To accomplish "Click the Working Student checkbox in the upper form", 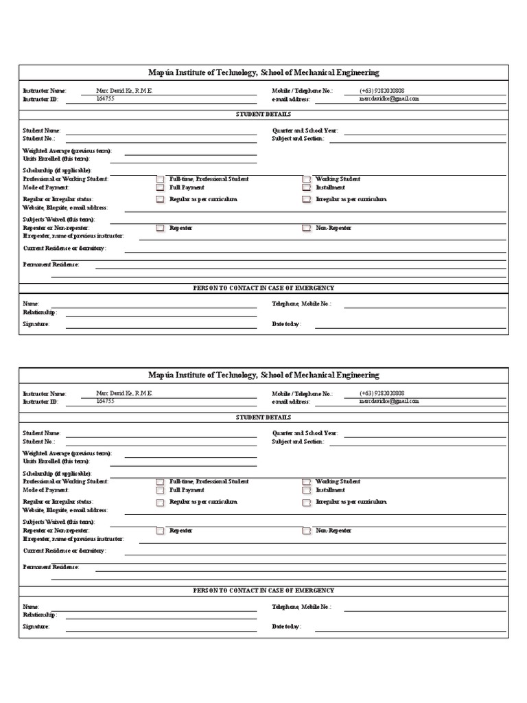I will click(x=307, y=179).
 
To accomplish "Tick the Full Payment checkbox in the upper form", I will click(x=159, y=187).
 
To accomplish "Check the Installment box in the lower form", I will click(x=307, y=491).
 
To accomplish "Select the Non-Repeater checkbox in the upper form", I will click(x=307, y=228).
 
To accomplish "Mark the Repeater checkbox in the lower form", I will click(x=159, y=531).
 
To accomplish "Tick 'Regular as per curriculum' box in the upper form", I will click(x=159, y=200).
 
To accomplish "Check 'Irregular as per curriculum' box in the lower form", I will click(x=307, y=503).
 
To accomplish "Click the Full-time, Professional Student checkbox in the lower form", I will click(x=159, y=483).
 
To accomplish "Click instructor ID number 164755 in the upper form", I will click(x=105, y=99).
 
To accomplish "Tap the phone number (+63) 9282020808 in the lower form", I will click(x=382, y=393).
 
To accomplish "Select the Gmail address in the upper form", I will click(x=388, y=99).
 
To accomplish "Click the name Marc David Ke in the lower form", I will click(x=124, y=393).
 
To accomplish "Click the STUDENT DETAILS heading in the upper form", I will click(x=263, y=114).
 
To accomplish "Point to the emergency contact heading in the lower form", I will click(x=263, y=590).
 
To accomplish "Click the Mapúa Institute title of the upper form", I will click(x=263, y=73).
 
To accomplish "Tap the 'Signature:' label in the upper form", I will click(x=36, y=324).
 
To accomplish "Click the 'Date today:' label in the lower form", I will click(x=286, y=627).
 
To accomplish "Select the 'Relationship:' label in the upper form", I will click(x=40, y=312).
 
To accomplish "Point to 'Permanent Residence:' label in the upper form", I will click(x=51, y=264).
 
